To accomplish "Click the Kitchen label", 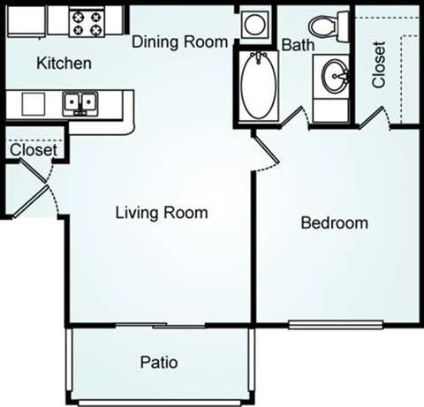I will [x=64, y=64].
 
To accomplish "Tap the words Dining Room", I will [x=179, y=41].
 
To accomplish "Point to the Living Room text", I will [x=163, y=213].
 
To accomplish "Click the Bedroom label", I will [x=334, y=222].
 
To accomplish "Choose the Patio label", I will [x=159, y=362].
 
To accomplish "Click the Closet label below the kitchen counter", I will [x=34, y=150].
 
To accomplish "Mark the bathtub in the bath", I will [x=259, y=86].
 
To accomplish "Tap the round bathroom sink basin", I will [x=334, y=75].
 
